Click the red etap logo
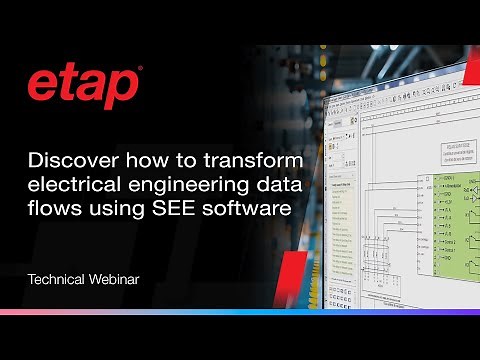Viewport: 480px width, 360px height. click(83, 88)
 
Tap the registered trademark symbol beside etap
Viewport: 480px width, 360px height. click(140, 70)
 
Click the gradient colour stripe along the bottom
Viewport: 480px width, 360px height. click(240, 312)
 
